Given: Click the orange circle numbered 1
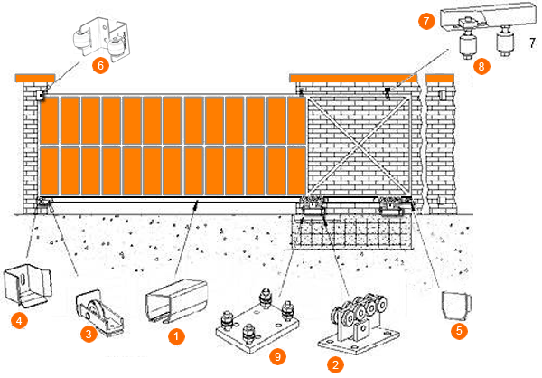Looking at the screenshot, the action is tap(176, 336).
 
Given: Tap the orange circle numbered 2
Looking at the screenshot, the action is tap(335, 364).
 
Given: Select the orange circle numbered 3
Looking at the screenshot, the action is tap(89, 334).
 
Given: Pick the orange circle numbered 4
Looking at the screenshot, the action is tap(19, 320).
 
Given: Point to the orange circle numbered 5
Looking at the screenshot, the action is tap(459, 331).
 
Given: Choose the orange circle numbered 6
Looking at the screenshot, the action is tap(100, 65).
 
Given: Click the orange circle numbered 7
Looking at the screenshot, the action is tap(426, 21).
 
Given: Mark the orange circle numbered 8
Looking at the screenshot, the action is tap(481, 66).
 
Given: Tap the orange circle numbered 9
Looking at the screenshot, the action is tap(277, 356).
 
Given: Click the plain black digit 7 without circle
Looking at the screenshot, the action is tap(533, 43).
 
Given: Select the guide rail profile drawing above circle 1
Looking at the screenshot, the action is tap(176, 301).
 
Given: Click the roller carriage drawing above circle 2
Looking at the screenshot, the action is tap(359, 324).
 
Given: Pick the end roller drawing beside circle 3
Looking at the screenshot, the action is tap(99, 313).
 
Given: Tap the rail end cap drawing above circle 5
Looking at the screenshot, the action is tap(457, 306).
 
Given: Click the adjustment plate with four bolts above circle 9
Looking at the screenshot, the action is tap(257, 320).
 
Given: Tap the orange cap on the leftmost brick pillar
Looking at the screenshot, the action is tap(35, 78).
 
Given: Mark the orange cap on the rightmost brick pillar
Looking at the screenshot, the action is tap(440, 78).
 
